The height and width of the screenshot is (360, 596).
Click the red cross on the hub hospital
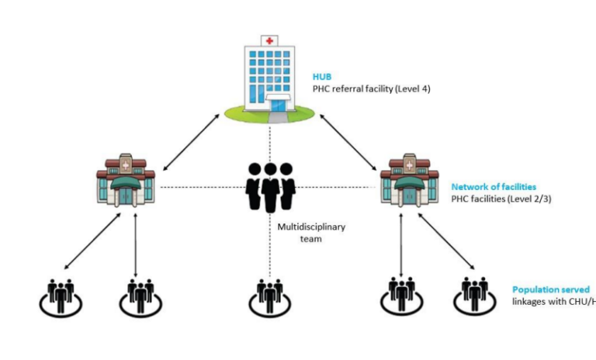point(270,40)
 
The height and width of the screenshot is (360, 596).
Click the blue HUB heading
point(322,77)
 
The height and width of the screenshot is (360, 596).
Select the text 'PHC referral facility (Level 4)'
point(371,88)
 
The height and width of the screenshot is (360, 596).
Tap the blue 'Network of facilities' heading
point(494,187)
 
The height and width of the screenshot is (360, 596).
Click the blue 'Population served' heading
point(550,289)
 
